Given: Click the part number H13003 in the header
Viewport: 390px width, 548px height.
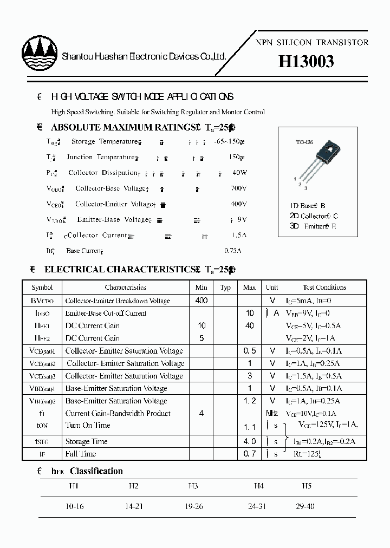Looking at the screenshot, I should (x=306, y=62).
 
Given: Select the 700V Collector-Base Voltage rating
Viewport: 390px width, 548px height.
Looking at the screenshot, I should (x=238, y=188).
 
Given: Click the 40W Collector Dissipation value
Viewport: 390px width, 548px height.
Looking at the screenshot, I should (x=239, y=173).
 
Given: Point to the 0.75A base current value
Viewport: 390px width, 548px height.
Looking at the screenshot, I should (x=233, y=251).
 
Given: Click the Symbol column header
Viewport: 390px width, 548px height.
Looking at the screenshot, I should (x=42, y=288).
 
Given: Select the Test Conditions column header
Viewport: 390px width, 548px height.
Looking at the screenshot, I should (x=324, y=288).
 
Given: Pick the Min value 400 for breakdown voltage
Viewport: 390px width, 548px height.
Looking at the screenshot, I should (x=201, y=301).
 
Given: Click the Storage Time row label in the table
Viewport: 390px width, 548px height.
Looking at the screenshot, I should (x=86, y=442).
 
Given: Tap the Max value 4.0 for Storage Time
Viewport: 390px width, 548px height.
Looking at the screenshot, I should (x=249, y=442).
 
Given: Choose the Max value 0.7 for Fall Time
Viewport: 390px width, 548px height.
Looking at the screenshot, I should (x=249, y=454).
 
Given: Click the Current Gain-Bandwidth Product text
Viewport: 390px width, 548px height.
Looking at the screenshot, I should (x=118, y=413).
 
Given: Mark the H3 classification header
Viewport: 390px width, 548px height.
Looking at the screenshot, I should (x=193, y=486).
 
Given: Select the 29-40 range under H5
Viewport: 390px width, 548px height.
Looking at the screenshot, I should (x=305, y=507).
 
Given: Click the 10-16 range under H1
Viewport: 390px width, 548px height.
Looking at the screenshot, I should (x=74, y=507).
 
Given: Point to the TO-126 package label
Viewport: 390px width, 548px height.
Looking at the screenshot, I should (x=304, y=142).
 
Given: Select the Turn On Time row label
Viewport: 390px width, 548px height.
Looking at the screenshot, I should (x=88, y=426).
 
